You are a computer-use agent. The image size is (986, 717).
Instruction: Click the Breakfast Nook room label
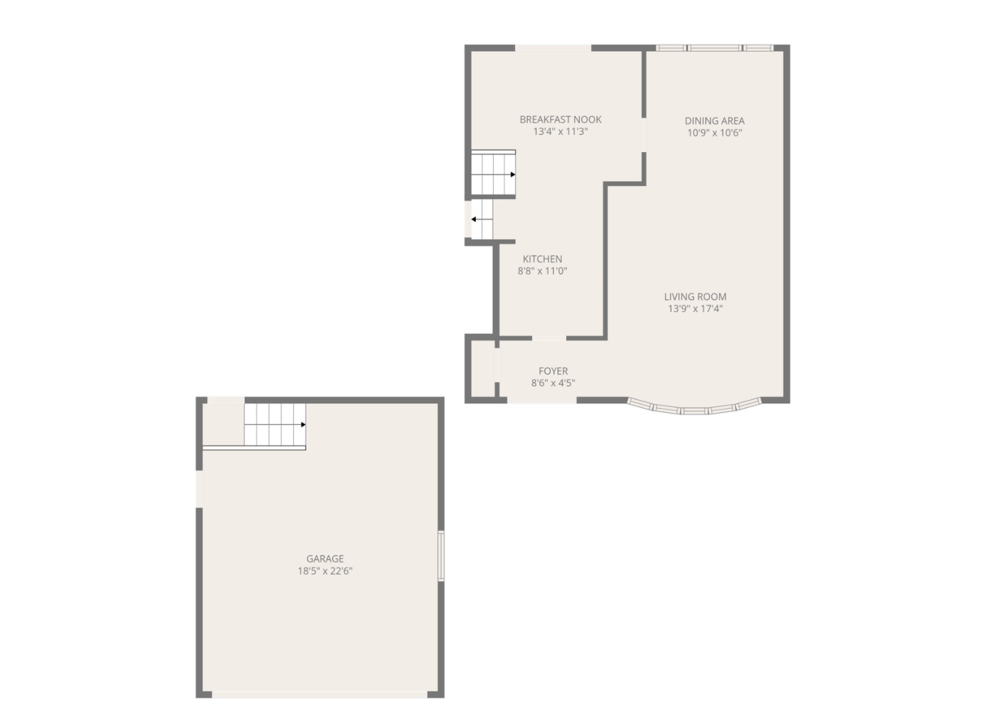pyautogui.click(x=560, y=119)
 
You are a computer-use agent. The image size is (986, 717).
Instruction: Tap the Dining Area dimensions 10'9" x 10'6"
pyautogui.click(x=714, y=133)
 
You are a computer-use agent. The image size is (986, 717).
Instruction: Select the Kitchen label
pyautogui.click(x=542, y=259)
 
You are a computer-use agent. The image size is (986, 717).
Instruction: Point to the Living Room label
pyautogui.click(x=695, y=297)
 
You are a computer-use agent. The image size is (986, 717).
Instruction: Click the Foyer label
pyautogui.click(x=553, y=371)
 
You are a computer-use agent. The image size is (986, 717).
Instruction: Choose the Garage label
pyautogui.click(x=324, y=559)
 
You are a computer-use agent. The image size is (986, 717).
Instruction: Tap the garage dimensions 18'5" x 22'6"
pyautogui.click(x=324, y=571)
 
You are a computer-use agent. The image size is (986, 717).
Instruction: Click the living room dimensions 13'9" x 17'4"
pyautogui.click(x=695, y=309)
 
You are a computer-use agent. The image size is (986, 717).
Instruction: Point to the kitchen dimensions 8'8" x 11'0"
pyautogui.click(x=542, y=271)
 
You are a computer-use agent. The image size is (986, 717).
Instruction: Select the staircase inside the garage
pyautogui.click(x=274, y=425)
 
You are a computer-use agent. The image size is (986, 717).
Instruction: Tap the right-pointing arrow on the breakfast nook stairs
pyautogui.click(x=512, y=175)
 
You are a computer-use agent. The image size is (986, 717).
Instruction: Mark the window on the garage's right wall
pyautogui.click(x=441, y=556)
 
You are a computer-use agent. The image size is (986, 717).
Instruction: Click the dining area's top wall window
pyautogui.click(x=714, y=48)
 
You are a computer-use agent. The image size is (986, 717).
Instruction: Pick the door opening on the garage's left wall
pyautogui.click(x=199, y=489)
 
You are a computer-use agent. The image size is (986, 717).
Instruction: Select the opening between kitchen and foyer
pyautogui.click(x=549, y=339)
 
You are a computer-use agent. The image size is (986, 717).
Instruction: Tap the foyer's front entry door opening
pyautogui.click(x=541, y=400)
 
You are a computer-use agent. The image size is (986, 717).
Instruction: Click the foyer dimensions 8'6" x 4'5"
pyautogui.click(x=553, y=383)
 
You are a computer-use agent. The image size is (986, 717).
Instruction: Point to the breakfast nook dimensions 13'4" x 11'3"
pyautogui.click(x=560, y=131)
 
